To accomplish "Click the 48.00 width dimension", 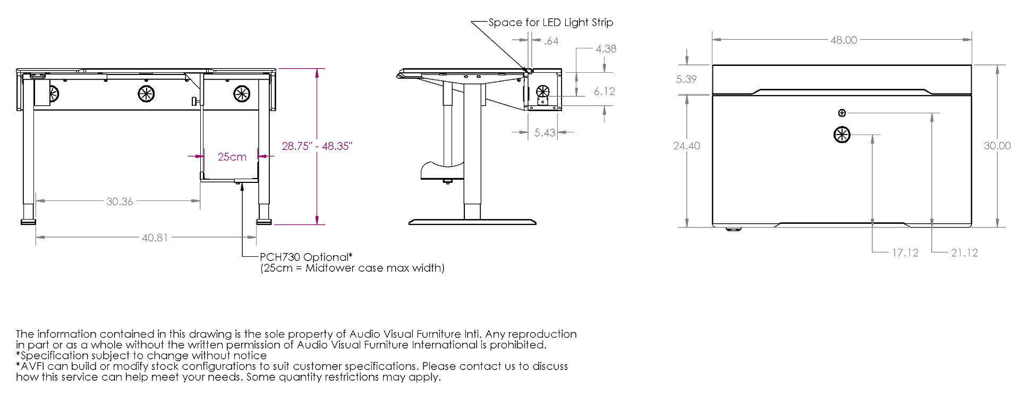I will pos(844,40).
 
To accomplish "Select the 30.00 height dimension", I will pos(997,146).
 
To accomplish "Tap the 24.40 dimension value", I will pos(686,146).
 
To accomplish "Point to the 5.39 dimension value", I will pos(686,79).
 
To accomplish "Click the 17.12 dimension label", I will pos(905,253).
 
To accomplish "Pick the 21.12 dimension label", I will pos(964,253).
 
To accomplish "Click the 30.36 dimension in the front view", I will pos(120,201).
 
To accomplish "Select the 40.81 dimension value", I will pos(155,238).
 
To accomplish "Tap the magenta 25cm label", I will pos(232,157).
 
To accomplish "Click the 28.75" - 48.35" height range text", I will pos(317,146).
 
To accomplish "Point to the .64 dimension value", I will pos(551,41).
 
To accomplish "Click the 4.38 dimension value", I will pos(606,49).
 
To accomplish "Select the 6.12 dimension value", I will pos(604,91).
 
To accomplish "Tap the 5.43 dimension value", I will pos(545,133).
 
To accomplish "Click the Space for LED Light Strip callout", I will pos(550,22).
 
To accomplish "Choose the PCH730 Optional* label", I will pos(306,257).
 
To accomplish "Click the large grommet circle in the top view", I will pos(842,134).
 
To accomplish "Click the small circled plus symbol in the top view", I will pos(841,113).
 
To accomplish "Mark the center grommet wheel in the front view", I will pos(146,94).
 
